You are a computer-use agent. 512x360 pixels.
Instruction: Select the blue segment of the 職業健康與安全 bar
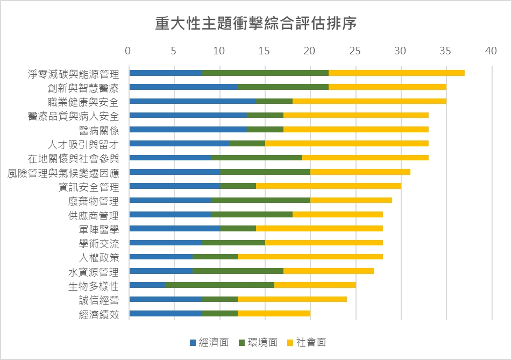193,101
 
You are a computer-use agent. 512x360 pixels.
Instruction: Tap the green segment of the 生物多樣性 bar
219,285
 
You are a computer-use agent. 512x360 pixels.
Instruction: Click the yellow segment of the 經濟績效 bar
274,313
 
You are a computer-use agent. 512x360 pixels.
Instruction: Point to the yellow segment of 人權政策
310,257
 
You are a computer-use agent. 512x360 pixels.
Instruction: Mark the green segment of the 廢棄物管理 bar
260,200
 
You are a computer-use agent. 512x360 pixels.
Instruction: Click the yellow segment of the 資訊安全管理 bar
328,186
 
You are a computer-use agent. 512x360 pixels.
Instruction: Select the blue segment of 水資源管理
161,271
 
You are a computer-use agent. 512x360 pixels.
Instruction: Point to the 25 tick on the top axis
355,51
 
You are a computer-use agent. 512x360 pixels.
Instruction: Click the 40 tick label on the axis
491,51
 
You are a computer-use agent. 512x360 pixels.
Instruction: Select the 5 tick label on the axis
174,51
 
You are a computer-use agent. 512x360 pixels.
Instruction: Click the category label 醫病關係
99,130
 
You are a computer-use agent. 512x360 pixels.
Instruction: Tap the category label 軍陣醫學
99,229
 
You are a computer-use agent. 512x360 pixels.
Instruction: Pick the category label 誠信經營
99,299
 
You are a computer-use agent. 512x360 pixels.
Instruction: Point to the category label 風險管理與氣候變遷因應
63,172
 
